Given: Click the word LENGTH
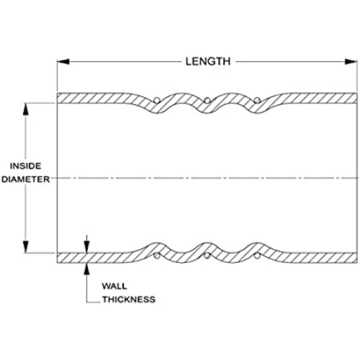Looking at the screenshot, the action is click(x=208, y=62).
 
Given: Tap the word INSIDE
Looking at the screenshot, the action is click(x=25, y=166).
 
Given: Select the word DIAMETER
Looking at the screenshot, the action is click(x=25, y=179).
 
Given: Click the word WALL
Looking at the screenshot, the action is click(x=114, y=286).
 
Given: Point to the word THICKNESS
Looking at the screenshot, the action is click(x=129, y=300).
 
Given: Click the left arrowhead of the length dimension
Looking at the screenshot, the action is click(x=63, y=62).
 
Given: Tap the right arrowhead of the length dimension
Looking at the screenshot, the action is click(x=351, y=62).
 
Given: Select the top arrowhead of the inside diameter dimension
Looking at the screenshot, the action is click(x=26, y=109).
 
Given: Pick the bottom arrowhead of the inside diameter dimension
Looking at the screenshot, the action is click(x=26, y=247).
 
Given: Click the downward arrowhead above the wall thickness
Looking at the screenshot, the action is click(x=87, y=247).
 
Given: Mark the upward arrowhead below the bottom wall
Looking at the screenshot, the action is click(x=87, y=269).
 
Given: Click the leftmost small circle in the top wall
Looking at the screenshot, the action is click(x=157, y=100).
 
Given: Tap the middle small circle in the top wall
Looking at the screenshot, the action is click(x=207, y=100).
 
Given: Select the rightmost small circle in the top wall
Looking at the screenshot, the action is click(x=257, y=100).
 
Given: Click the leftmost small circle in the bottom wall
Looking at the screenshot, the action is click(x=157, y=256).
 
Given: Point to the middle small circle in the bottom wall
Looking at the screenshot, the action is click(x=207, y=256).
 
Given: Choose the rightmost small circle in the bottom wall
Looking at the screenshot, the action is click(x=257, y=256).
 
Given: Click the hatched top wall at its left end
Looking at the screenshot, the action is click(x=63, y=98).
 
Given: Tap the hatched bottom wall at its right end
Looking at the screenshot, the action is click(x=351, y=258).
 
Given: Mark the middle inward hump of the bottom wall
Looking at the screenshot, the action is click(x=207, y=247).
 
